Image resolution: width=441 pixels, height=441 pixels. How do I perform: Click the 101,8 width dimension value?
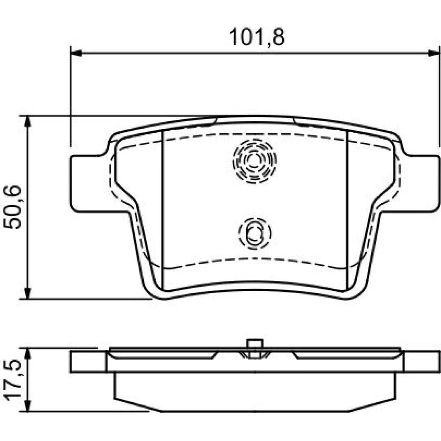point(257,37)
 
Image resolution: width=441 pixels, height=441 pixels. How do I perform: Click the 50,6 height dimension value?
point(12,207)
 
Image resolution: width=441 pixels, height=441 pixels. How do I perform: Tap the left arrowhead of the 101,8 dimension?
point(76,53)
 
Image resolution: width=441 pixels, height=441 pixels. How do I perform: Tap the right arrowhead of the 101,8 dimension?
point(433,53)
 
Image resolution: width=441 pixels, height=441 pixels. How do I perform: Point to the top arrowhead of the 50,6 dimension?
point(27,121)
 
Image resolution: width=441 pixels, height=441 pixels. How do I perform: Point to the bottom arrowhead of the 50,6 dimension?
point(27,293)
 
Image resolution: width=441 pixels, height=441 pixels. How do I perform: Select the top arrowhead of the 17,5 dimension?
point(27,354)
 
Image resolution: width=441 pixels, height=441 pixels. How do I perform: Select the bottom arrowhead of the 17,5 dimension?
point(27,406)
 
